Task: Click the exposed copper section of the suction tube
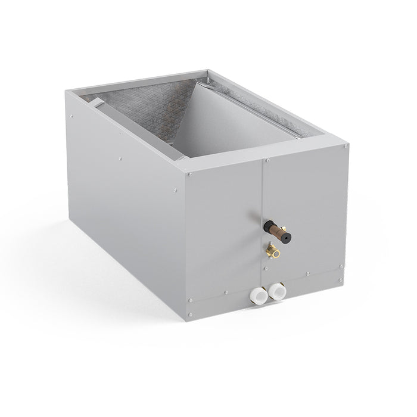pyautogui.click(x=276, y=226)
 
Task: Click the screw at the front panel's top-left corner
pyautogui.click(x=189, y=175)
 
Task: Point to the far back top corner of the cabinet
pyautogui.click(x=208, y=72)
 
